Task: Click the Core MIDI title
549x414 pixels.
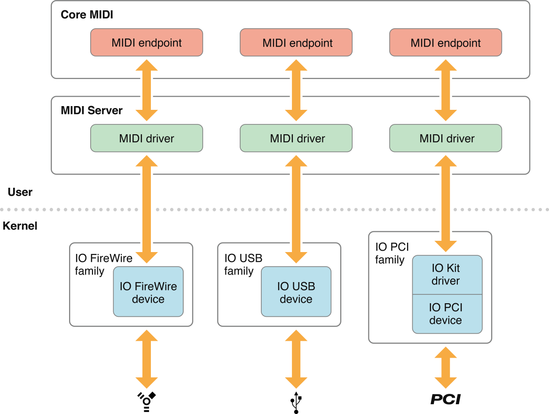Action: point(87,15)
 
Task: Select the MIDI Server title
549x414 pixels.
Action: point(92,110)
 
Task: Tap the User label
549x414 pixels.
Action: point(20,192)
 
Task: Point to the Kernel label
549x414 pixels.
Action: point(20,226)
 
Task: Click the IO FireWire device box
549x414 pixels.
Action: point(148,292)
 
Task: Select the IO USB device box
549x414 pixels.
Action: point(296,292)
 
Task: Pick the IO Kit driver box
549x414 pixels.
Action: point(447,275)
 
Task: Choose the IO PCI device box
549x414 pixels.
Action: point(447,314)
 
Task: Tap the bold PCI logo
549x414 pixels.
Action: point(446,399)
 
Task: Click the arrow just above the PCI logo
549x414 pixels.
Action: point(446,367)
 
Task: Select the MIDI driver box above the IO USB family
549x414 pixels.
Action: point(296,138)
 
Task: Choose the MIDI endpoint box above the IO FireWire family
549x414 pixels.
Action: point(147,43)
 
